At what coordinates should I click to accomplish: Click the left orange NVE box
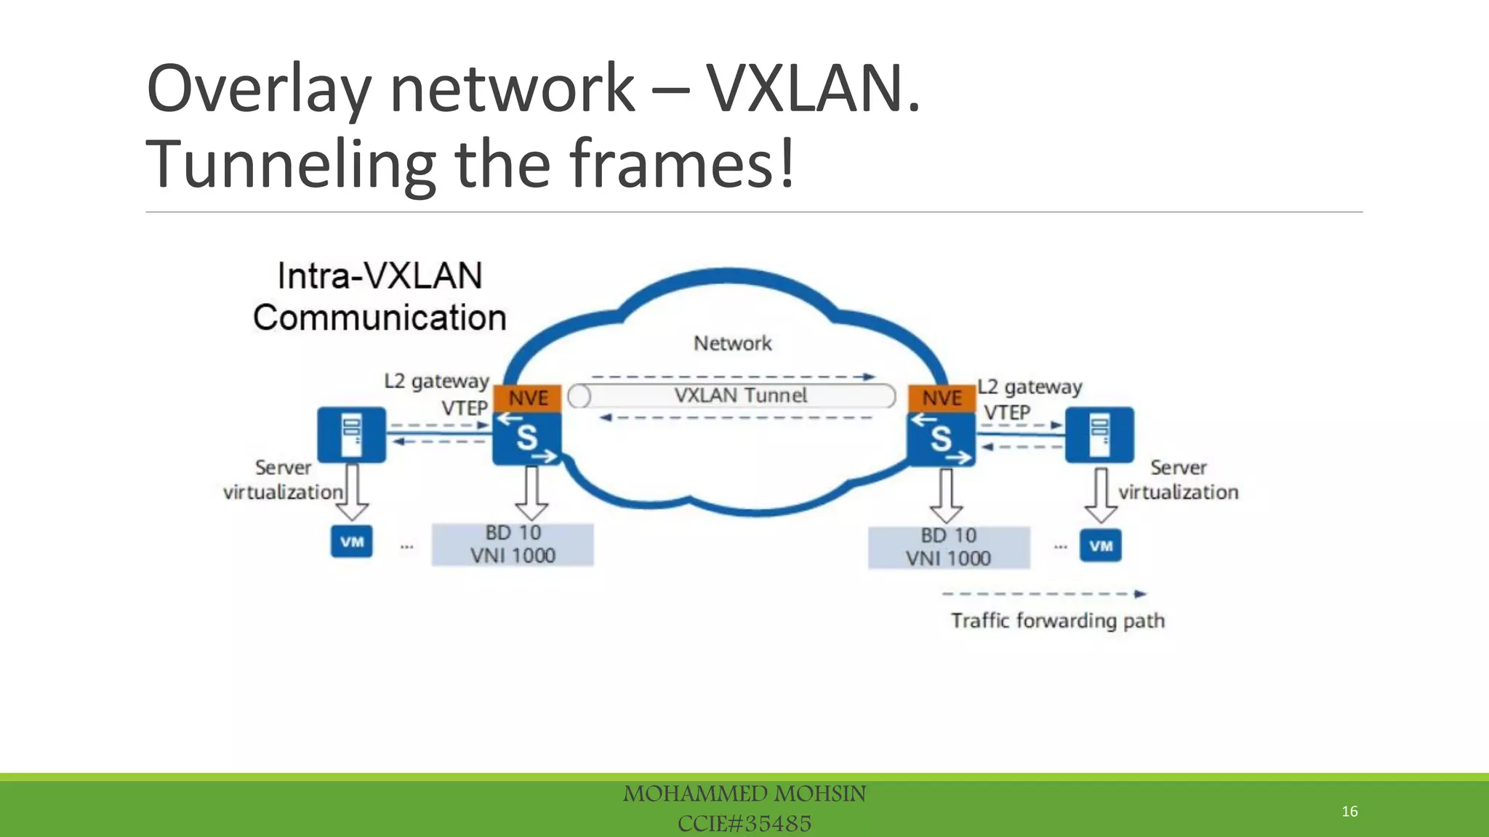(527, 398)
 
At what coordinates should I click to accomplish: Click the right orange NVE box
(942, 398)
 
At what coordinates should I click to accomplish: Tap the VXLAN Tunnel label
(740, 395)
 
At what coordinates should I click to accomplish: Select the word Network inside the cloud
(732, 343)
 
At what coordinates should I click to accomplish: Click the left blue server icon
(352, 434)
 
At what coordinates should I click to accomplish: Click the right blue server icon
(1099, 434)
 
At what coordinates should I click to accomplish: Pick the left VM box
(352, 541)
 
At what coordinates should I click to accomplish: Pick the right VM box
(1100, 546)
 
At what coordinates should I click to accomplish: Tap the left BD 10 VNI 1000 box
(513, 544)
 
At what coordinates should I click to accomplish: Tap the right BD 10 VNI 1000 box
(948, 547)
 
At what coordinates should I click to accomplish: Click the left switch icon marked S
(527, 438)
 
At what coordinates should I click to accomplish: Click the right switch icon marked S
(942, 438)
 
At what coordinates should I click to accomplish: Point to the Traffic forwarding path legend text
(1058, 620)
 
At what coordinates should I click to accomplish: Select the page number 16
(1349, 811)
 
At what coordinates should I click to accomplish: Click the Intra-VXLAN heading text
(380, 276)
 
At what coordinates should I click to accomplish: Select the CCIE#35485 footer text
(744, 823)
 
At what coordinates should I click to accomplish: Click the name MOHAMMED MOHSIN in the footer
(744, 793)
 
